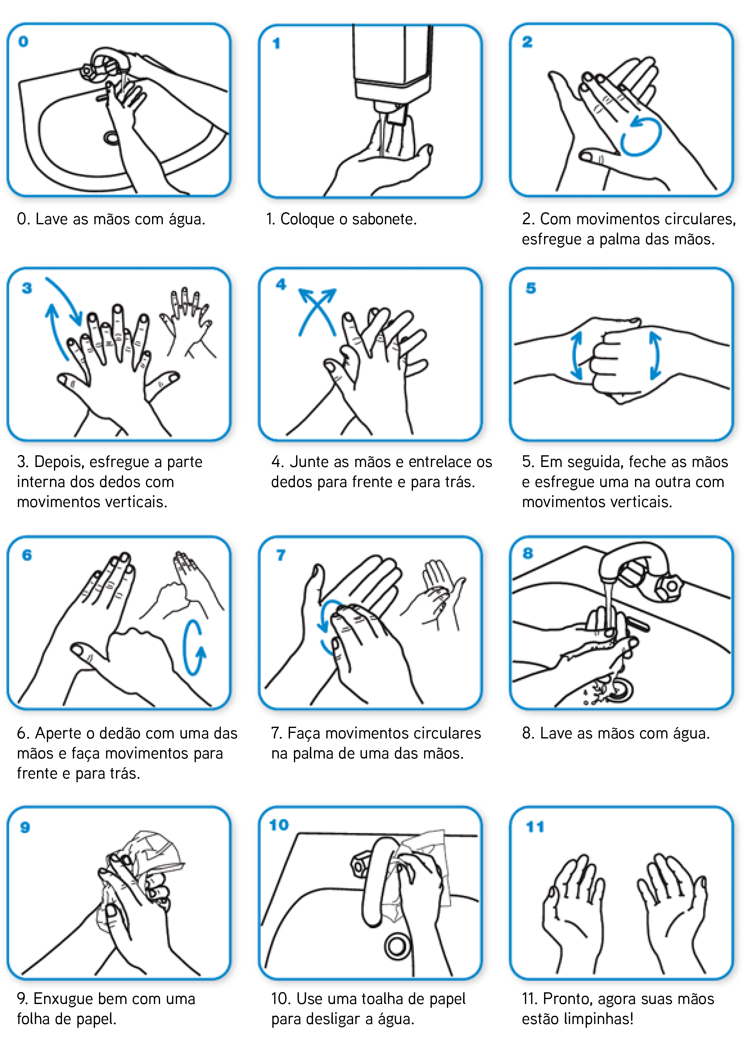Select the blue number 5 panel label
click(x=531, y=288)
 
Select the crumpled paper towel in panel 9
click(x=143, y=866)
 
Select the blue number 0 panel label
click(x=23, y=41)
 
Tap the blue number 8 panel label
click(x=528, y=553)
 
